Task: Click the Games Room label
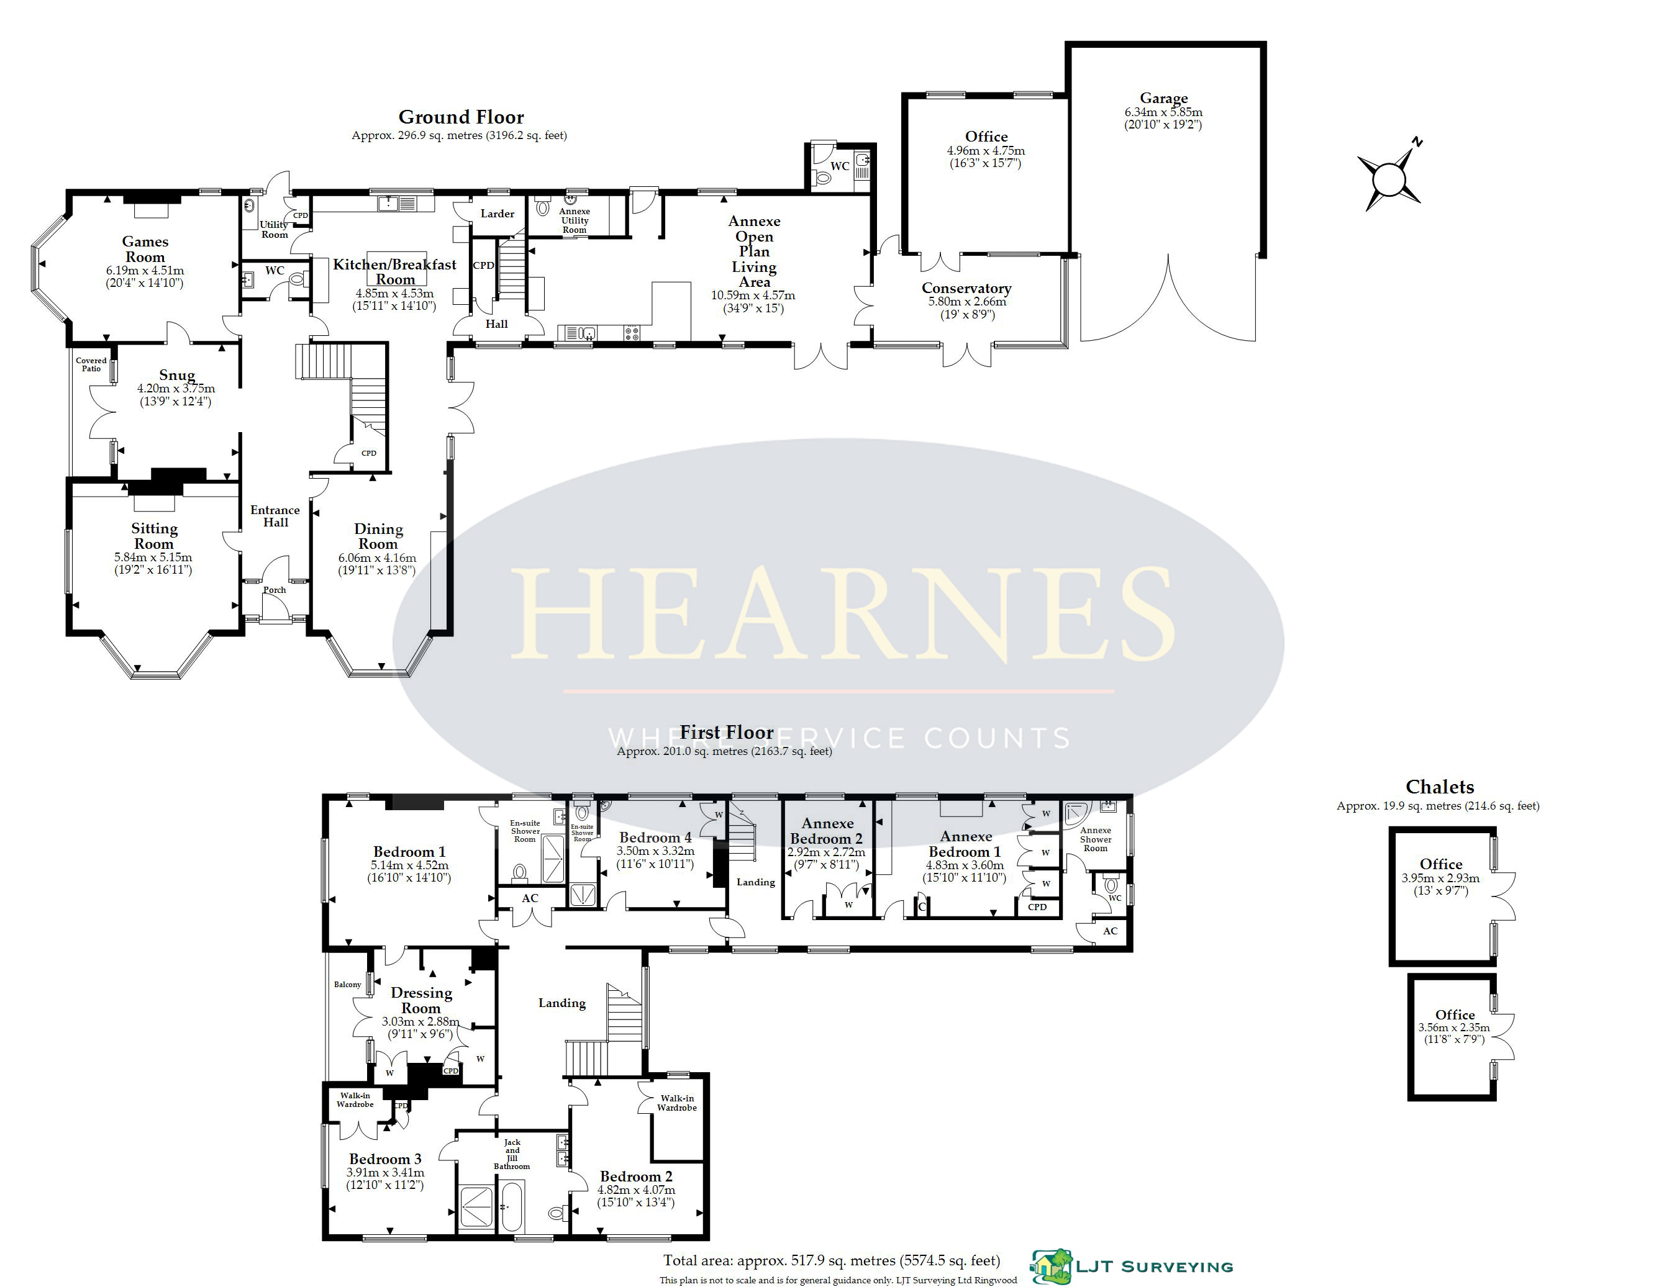[x=145, y=249]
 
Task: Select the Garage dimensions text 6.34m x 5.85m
[x=1163, y=112]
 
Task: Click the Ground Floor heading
[x=461, y=117]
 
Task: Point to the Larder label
[x=498, y=214]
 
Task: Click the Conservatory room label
[x=966, y=288]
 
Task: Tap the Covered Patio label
[x=91, y=364]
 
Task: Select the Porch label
[x=275, y=590]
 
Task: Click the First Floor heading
[x=727, y=733]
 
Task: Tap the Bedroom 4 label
[x=655, y=838]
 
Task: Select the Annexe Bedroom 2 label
[x=827, y=831]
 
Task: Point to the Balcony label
[x=347, y=985]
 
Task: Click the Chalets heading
[x=1439, y=787]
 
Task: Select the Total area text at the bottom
[x=832, y=1260]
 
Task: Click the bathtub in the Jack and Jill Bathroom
[x=511, y=1206]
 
